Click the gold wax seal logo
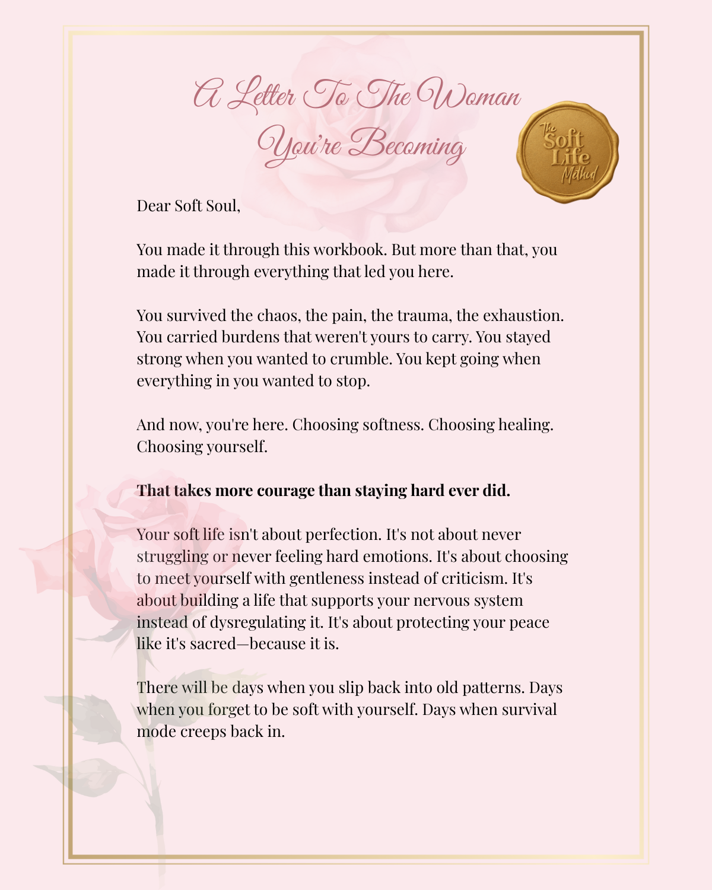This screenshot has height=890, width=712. [568, 152]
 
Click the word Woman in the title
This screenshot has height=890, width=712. [469, 95]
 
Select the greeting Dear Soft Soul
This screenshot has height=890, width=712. [188, 206]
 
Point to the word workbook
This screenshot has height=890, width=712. [349, 250]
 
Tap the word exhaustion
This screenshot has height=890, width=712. [523, 316]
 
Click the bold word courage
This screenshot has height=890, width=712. [285, 491]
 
